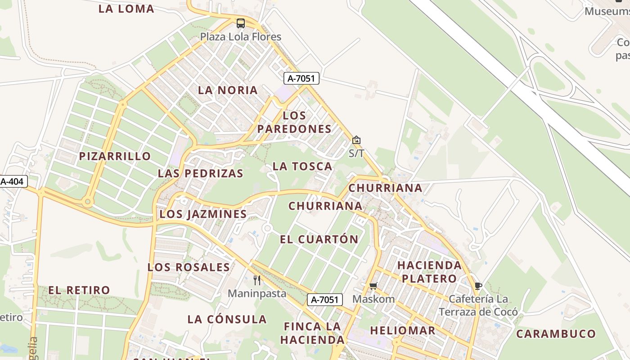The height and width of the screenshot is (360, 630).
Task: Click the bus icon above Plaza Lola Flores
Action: (x=241, y=23)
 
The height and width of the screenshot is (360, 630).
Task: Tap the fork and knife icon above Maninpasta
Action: (x=257, y=280)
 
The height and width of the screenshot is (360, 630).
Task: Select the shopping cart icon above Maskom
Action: (x=373, y=286)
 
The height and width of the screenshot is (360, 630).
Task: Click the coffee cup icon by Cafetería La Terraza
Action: (x=478, y=286)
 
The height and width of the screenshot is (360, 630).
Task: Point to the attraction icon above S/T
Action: (x=356, y=140)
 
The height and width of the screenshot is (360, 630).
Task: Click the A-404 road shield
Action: (x=13, y=182)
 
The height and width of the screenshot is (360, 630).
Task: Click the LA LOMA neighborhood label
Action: (x=126, y=9)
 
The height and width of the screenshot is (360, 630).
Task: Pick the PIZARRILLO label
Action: (x=115, y=156)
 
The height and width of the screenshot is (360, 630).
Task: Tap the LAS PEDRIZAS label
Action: (x=200, y=173)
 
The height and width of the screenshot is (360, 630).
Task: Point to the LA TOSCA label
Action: (x=302, y=166)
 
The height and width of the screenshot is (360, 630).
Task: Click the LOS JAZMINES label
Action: (x=203, y=214)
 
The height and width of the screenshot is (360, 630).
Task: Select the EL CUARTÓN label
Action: (x=319, y=239)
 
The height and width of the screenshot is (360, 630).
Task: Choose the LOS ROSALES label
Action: (x=189, y=267)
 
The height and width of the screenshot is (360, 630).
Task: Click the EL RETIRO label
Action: (x=79, y=290)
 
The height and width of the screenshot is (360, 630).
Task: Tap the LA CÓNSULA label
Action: (x=227, y=319)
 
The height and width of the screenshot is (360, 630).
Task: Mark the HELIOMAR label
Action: (x=402, y=330)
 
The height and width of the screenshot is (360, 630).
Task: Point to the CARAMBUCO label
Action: (x=556, y=334)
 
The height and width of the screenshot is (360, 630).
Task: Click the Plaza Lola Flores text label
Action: (x=241, y=37)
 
